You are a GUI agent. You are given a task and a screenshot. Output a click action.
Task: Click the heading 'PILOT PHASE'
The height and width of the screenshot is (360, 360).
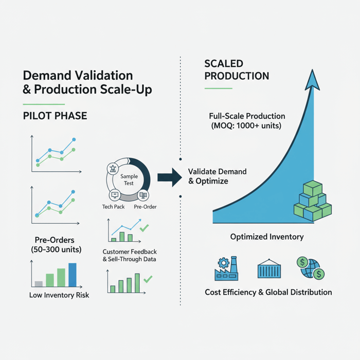(55, 116)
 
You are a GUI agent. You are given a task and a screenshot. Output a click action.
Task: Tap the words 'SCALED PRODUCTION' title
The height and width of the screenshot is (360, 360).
(237, 70)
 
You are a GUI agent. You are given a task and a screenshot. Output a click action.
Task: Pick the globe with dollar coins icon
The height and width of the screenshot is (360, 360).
(310, 268)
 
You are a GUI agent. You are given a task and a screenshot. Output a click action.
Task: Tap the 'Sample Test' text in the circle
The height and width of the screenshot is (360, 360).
(129, 179)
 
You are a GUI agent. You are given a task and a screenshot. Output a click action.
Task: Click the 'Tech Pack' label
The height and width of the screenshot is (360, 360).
(113, 207)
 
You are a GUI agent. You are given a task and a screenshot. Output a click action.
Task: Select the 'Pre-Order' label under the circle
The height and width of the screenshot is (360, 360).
(145, 207)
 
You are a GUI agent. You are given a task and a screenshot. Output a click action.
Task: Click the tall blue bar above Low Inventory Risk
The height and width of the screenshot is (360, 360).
(72, 275)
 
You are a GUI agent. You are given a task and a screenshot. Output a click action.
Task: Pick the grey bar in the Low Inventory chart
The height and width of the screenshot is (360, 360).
(38, 283)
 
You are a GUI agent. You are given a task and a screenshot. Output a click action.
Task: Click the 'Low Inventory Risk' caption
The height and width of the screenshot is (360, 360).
(59, 295)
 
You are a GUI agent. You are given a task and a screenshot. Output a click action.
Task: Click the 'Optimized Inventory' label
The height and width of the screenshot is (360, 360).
(266, 237)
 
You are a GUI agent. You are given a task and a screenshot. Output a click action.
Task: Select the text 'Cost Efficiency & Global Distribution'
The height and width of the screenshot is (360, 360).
(268, 292)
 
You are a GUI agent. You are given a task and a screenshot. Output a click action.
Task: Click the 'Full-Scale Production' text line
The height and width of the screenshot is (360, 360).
(247, 116)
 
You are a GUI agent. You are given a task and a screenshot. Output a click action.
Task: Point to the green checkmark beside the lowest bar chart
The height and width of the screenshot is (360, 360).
(148, 279)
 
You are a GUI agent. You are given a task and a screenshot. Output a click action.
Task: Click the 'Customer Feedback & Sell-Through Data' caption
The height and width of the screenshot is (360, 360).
(130, 255)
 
